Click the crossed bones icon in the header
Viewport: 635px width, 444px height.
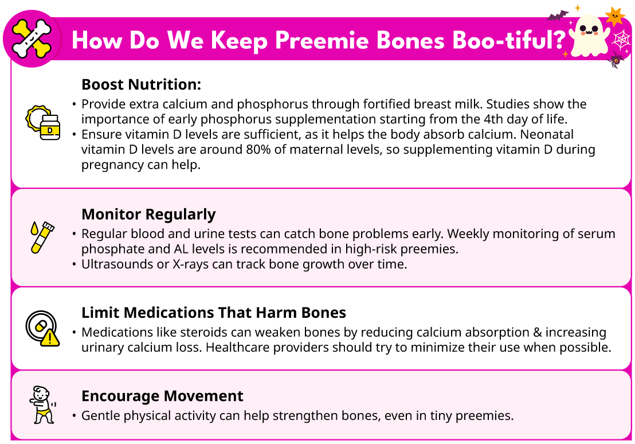pos(32,38)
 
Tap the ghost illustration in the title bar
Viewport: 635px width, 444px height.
pos(589,36)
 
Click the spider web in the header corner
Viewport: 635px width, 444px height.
pos(621,40)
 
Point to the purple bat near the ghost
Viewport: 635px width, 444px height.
pos(558,16)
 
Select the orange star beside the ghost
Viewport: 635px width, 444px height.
pos(615,17)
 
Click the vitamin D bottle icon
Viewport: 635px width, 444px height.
pos(44,122)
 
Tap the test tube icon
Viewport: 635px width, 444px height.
pos(42,237)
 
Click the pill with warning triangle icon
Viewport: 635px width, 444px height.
pos(42,329)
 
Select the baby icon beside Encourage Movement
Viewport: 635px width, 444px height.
pos(42,404)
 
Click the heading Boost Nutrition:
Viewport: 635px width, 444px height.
pos(142,84)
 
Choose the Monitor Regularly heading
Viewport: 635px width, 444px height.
pos(148,215)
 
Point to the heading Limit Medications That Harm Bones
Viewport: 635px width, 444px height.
pos(214,313)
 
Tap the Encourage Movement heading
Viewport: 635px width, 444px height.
pos(162,396)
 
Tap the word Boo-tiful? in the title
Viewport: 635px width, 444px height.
pos(509,40)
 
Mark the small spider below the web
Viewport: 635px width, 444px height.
pos(616,60)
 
